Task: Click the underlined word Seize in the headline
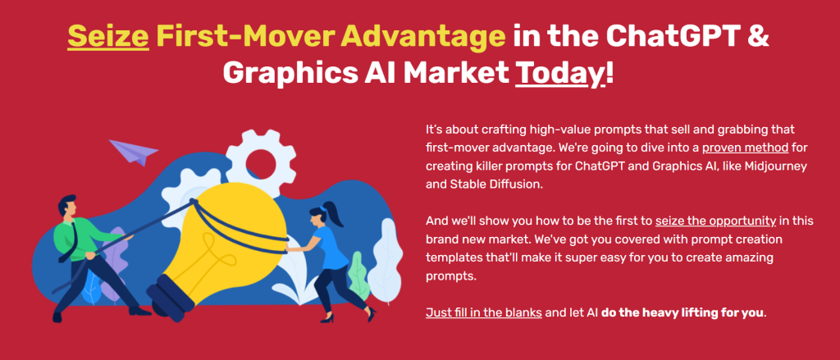(108, 36)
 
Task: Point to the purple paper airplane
(133, 151)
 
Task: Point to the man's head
(68, 207)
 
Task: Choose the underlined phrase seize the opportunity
(715, 220)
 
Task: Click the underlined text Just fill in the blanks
(484, 312)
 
